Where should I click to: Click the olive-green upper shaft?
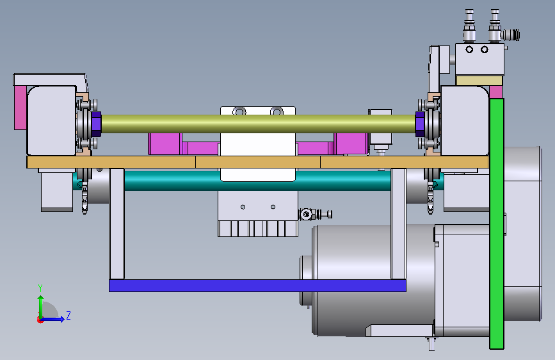pyautogui.click(x=259, y=124)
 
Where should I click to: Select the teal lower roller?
pyautogui.click(x=257, y=180)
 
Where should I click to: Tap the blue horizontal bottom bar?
pyautogui.click(x=257, y=286)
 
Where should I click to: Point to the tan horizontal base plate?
pyautogui.click(x=258, y=162)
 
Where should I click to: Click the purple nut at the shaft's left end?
pyautogui.click(x=96, y=124)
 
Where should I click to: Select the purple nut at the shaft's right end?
pyautogui.click(x=420, y=124)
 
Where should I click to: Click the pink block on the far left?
pyautogui.click(x=20, y=108)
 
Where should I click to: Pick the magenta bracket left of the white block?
pyautogui.click(x=184, y=144)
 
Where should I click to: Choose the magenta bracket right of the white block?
pyautogui.click(x=332, y=144)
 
